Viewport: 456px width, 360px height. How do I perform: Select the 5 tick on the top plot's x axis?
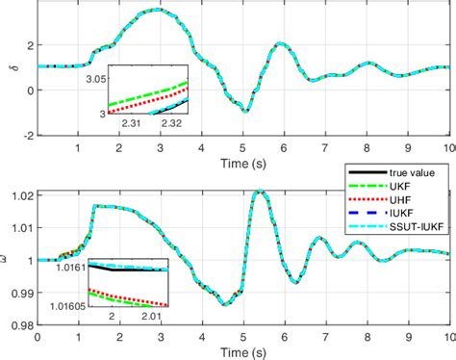coord(244,146)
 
